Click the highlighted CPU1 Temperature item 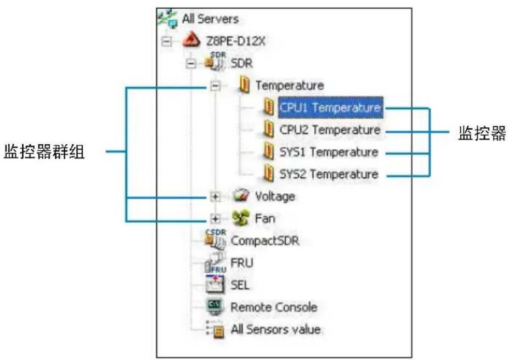coord(330,108)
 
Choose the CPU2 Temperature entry coord(330,130)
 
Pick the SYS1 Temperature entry coord(329,152)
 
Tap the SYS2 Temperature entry coord(329,175)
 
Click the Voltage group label coord(275,196)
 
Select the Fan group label coord(265,218)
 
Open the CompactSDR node coord(265,240)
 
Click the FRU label coord(242,263)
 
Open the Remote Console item coord(273,307)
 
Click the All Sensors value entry coord(275,329)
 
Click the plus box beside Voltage coord(216,196)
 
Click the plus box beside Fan coord(216,218)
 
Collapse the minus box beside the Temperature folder coord(216,86)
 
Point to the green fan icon coord(240,218)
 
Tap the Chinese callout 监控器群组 coord(44,152)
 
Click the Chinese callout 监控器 coord(481,134)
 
